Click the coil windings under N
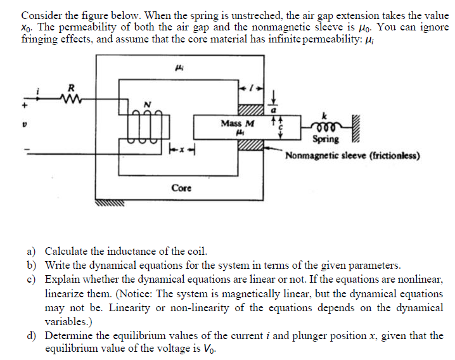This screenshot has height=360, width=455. (144, 124)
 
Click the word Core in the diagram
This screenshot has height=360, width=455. (181, 188)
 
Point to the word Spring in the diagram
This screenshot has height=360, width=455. (326, 139)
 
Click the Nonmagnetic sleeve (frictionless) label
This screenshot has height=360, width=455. (352, 155)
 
